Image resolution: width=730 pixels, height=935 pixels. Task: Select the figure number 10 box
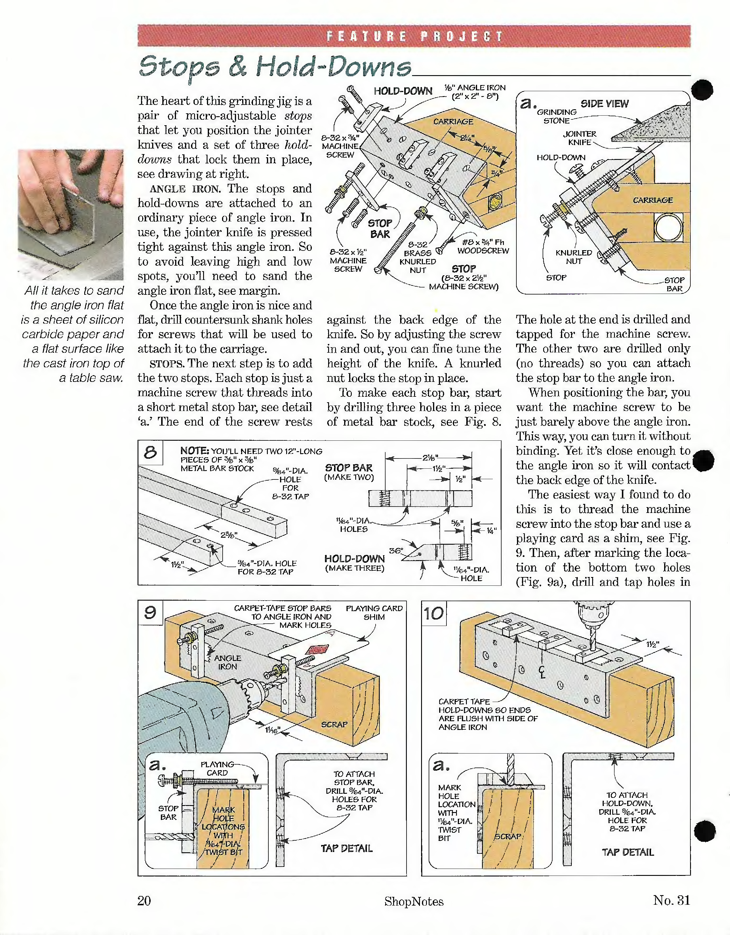pyautogui.click(x=434, y=613)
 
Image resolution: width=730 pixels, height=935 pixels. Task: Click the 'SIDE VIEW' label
pyautogui.click(x=604, y=104)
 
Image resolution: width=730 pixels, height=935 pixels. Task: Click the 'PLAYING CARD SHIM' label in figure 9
pyautogui.click(x=374, y=613)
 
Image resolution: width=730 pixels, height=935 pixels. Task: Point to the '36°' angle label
pyautogui.click(x=395, y=551)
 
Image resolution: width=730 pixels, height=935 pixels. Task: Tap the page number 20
pyautogui.click(x=144, y=900)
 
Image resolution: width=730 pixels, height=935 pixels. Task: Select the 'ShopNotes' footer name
pyautogui.click(x=414, y=901)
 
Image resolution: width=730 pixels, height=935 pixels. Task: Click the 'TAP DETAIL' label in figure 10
pyautogui.click(x=628, y=852)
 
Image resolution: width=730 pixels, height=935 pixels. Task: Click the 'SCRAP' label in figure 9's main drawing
pyautogui.click(x=334, y=724)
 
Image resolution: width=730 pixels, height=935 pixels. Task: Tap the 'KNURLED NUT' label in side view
pyautogui.click(x=574, y=257)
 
